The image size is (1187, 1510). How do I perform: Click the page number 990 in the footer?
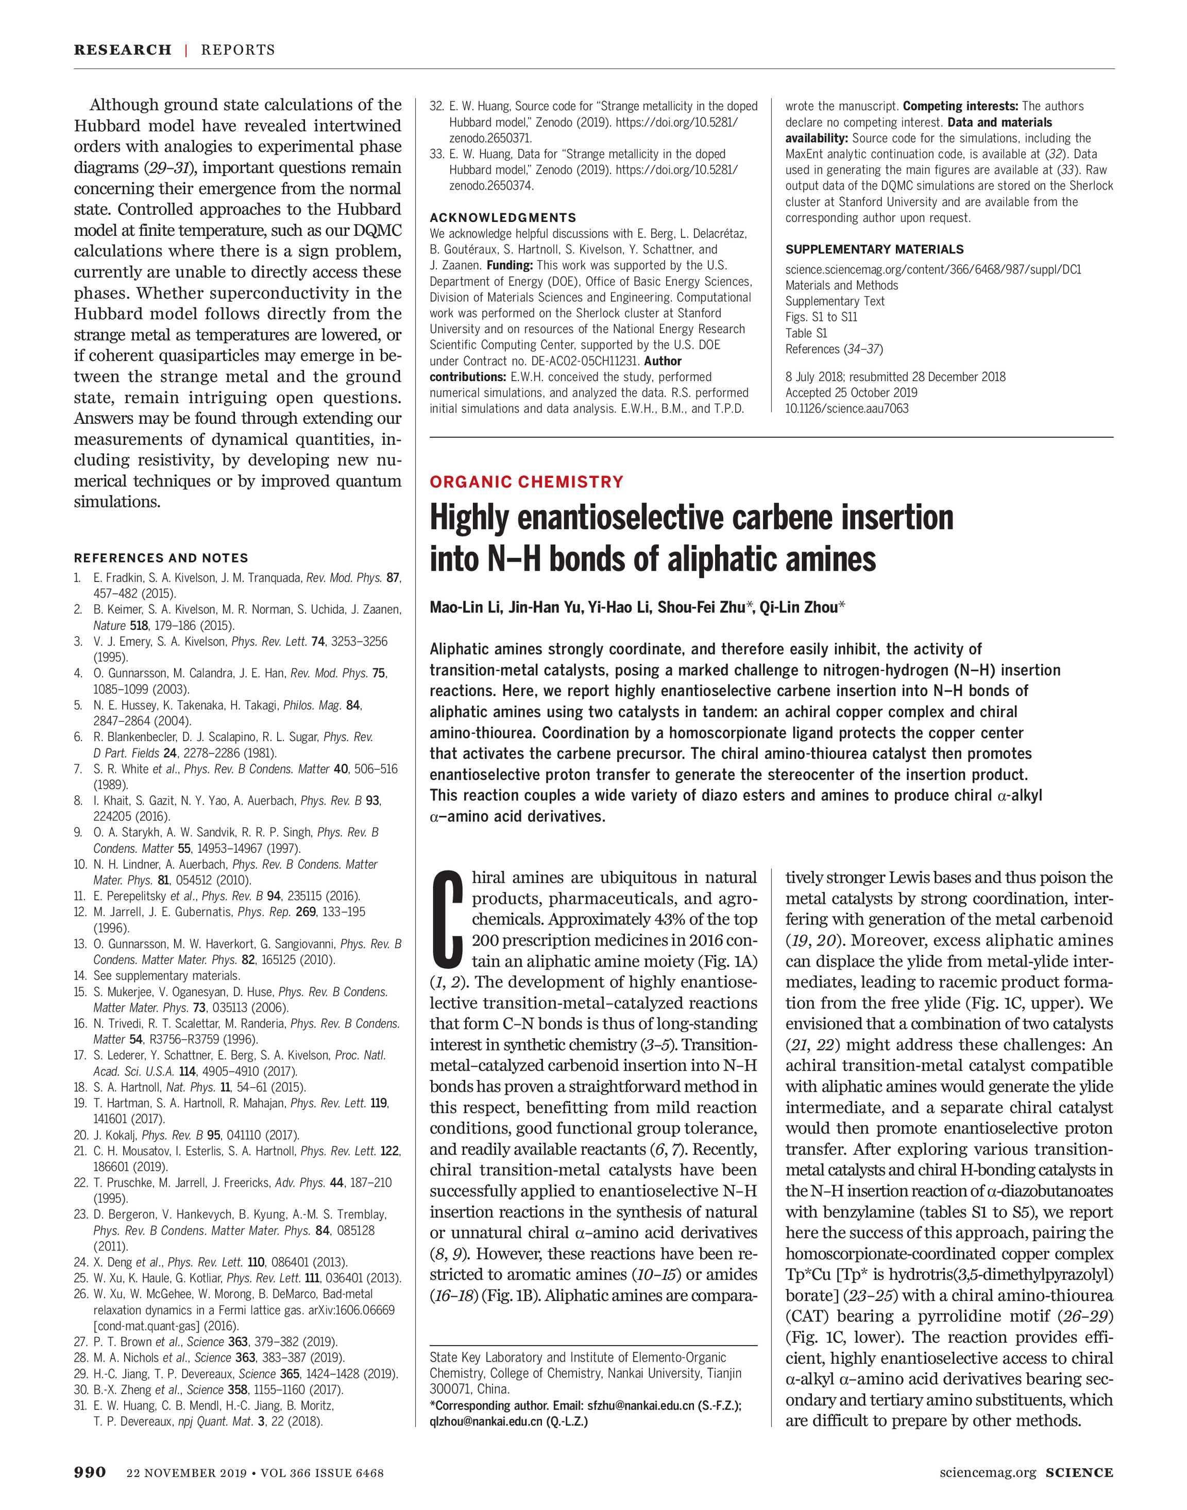90,1472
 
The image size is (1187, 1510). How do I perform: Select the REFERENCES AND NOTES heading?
161,558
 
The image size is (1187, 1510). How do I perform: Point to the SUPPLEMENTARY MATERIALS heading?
874,249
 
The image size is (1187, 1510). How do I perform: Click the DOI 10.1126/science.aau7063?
846,408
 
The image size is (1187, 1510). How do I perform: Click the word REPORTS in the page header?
238,50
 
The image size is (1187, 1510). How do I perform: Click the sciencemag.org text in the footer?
988,1472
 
